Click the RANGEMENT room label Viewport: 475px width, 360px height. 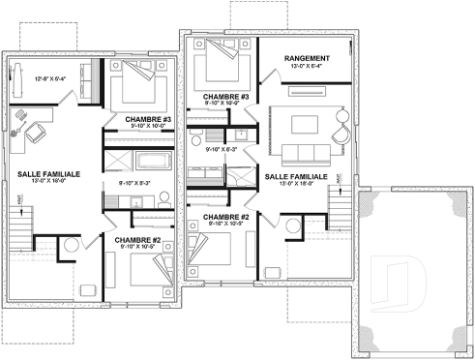point(307,59)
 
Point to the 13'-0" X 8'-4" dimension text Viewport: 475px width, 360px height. point(307,68)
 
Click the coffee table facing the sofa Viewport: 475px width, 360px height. point(305,123)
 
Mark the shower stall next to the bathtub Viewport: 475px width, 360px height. point(118,160)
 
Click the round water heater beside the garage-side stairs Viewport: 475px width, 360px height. point(292,226)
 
